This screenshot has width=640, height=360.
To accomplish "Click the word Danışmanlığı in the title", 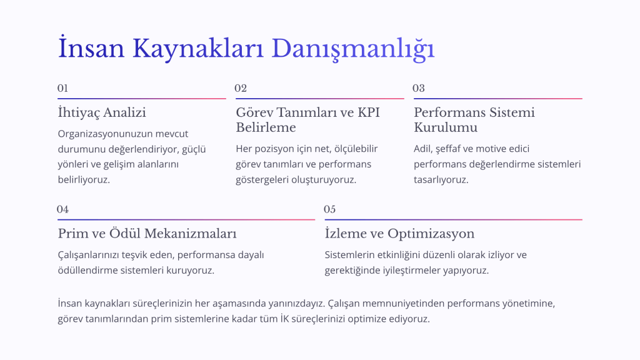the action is (353, 49).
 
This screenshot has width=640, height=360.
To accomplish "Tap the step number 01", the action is (62, 88).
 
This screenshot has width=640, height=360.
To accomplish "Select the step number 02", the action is (241, 88).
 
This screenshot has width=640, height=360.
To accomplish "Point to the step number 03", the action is (419, 88).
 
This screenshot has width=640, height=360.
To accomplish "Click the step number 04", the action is (63, 209).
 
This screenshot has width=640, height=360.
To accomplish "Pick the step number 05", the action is (330, 209).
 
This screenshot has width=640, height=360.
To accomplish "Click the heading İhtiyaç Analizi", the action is (102, 112).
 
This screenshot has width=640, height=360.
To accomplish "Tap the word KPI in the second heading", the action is (369, 112).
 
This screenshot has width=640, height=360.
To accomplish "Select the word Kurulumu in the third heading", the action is (446, 127).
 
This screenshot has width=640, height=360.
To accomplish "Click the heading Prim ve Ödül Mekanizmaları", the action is (147, 234).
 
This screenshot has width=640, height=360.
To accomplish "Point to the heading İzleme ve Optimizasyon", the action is (399, 234).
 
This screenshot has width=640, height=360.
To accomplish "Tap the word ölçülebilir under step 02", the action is (356, 149).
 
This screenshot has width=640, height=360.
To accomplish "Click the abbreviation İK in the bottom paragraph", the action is (284, 318).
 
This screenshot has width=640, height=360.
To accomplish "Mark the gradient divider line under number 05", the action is (454, 219).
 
